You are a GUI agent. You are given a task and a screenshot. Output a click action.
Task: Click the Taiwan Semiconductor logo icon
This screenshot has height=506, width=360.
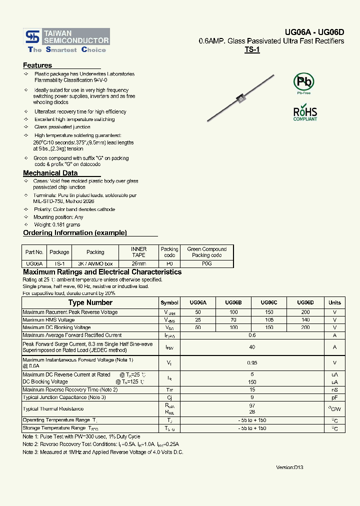pos(33,36)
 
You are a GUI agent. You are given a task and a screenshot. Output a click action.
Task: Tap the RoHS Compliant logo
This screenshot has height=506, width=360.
pos(304,113)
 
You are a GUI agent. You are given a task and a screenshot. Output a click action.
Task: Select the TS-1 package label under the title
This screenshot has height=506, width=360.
pos(252,50)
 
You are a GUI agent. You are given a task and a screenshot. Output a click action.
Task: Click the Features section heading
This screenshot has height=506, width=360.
pos(37,65)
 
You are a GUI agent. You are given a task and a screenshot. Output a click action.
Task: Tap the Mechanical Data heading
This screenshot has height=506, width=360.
pos(50,173)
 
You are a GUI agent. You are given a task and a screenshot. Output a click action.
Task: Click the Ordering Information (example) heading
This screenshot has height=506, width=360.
pos(75,232)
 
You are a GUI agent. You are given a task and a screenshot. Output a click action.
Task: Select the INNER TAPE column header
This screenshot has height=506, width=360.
pos(138,252)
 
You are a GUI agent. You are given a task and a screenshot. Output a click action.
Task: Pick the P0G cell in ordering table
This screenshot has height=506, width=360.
pos(206,263)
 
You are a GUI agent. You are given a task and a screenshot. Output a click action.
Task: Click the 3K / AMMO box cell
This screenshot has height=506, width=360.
pos(95,263)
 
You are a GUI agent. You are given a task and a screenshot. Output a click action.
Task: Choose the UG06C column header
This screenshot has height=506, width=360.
pos(269,302)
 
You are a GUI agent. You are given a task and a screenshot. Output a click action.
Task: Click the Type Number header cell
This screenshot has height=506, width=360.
pos(90,302)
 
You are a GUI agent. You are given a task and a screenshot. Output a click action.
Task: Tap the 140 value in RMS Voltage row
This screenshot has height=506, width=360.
pos(305,320)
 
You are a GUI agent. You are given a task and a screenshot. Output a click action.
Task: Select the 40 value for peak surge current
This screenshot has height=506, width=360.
pos(252,347)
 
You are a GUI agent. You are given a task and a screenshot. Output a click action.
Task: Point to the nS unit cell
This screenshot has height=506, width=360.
pos(334,389)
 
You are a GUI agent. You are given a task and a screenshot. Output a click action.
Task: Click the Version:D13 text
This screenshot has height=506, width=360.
pos(289,467)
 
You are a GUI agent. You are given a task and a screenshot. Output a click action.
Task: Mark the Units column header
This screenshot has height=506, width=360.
pos(334,302)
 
